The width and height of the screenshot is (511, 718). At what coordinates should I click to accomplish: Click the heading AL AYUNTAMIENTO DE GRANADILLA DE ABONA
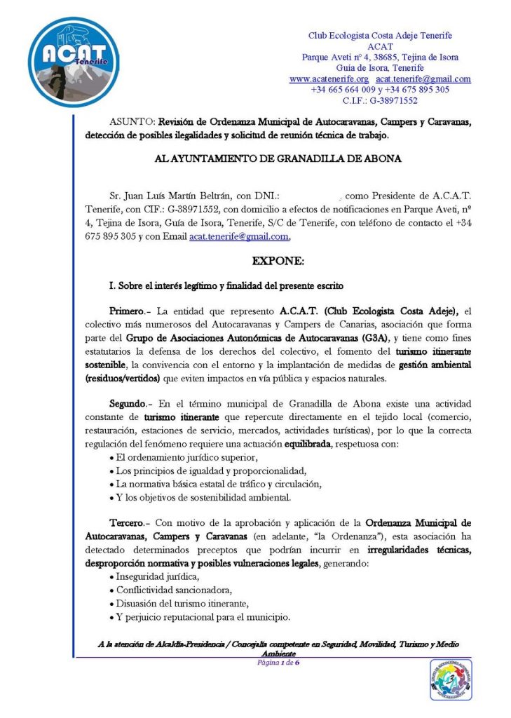[278, 158]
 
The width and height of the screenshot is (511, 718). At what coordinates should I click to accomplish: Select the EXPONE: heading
[278, 261]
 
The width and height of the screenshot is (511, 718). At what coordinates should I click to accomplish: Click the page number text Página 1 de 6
[278, 662]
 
